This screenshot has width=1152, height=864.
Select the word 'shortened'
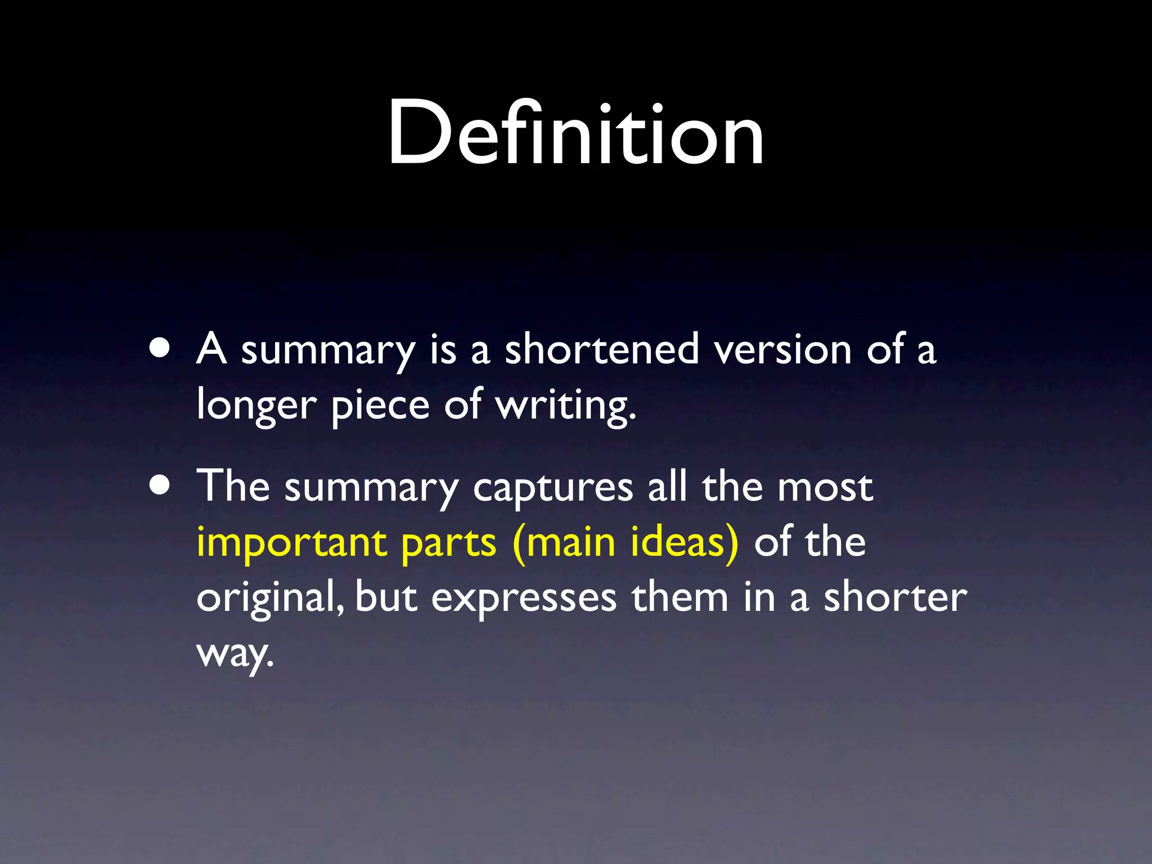point(601,349)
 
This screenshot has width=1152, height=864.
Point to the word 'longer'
point(256,405)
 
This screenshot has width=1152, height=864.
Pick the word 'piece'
point(380,405)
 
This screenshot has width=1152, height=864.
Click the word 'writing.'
point(566,405)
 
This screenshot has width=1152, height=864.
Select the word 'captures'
point(553,487)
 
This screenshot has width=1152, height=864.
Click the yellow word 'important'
point(291,542)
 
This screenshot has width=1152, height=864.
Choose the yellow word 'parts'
point(449,543)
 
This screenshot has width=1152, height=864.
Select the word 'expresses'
point(524,598)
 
